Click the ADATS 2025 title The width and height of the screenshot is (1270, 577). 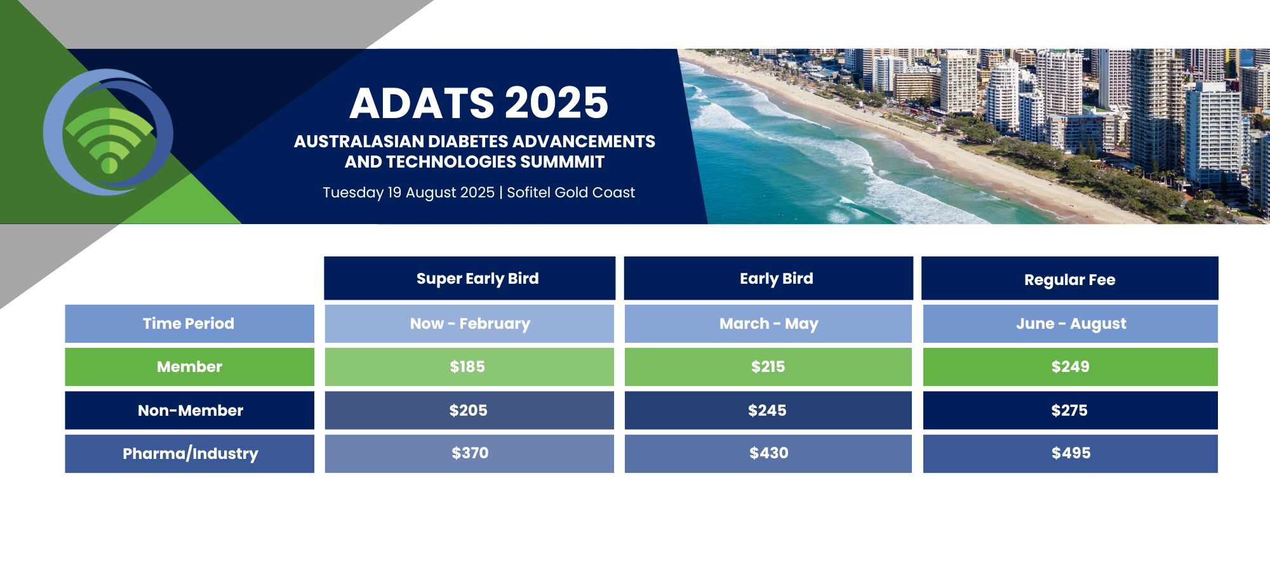[479, 103]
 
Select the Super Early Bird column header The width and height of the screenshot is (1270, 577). [469, 278]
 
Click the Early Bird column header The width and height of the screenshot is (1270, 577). [768, 278]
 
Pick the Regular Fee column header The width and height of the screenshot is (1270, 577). [1070, 278]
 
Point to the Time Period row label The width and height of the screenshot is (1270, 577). [189, 324]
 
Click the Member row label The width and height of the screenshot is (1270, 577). [189, 367]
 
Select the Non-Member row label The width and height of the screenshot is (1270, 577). [189, 410]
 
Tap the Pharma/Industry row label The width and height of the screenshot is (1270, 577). [189, 453]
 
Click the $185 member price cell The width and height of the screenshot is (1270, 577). [469, 367]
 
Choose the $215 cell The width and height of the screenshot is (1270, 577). [768, 367]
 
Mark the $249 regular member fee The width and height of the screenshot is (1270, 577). [1071, 367]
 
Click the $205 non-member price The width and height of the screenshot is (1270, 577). [469, 410]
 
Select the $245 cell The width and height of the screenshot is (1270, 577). [768, 410]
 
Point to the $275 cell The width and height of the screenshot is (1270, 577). [1071, 410]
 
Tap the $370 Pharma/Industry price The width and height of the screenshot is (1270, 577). [469, 453]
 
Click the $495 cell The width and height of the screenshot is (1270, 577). [1071, 453]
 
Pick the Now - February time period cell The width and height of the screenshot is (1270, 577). [469, 324]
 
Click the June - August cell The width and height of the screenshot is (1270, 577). [1071, 324]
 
